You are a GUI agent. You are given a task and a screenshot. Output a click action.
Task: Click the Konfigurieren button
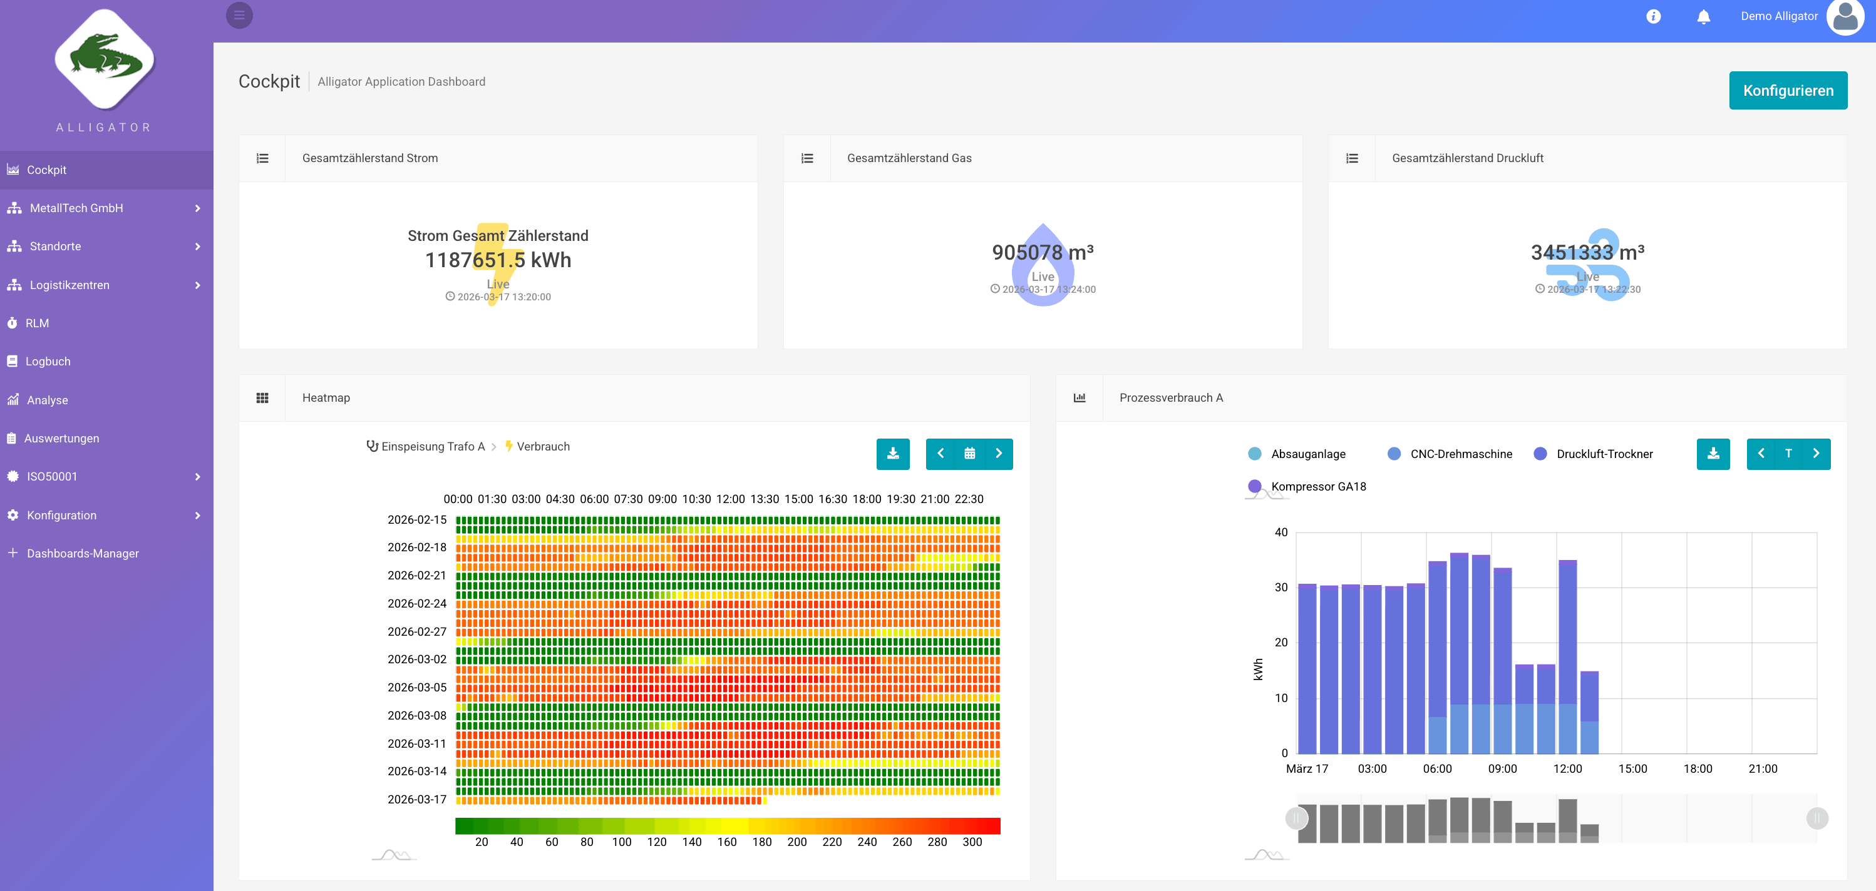click(1787, 90)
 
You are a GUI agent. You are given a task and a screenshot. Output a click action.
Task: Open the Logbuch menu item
click(48, 361)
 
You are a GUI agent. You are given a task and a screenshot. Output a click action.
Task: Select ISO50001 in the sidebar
click(52, 476)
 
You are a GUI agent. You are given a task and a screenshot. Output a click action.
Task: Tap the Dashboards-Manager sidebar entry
click(82, 553)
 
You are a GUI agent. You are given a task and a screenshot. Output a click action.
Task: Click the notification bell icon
click(1703, 17)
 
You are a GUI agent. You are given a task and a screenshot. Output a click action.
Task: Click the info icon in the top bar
click(1653, 17)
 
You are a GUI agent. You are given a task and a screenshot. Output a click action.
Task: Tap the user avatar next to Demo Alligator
click(1844, 17)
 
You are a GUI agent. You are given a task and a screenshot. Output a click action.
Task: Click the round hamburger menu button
click(239, 15)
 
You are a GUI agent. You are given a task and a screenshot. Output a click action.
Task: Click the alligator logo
click(105, 59)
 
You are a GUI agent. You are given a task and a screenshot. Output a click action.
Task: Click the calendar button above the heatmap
click(969, 454)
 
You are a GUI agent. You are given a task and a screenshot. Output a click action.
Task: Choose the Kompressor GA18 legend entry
click(1317, 486)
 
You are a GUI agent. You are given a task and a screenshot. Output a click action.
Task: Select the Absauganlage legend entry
click(1307, 454)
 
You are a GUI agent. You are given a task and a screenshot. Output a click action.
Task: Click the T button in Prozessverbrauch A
click(1788, 454)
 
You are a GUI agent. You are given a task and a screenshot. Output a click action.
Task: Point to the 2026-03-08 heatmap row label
click(416, 716)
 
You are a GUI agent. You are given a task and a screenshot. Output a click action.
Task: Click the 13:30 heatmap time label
click(765, 499)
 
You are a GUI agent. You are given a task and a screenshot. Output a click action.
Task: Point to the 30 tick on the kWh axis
click(1281, 588)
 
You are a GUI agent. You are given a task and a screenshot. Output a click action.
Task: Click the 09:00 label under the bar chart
click(1502, 769)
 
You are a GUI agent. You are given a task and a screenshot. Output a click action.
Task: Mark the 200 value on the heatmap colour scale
click(796, 842)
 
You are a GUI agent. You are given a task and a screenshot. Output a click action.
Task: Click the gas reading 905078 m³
click(1042, 252)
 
